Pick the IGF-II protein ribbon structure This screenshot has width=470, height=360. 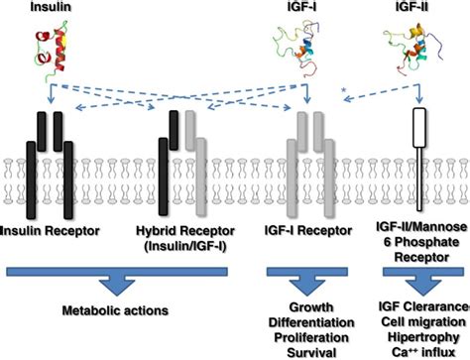coord(408,49)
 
